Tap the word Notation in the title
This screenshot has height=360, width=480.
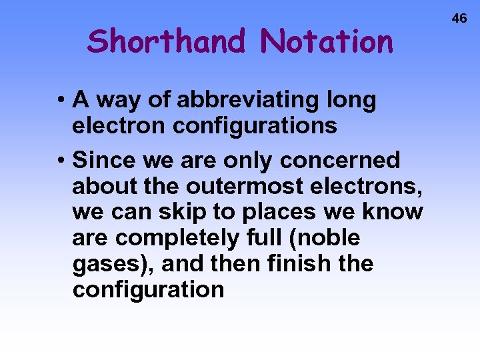tap(327, 41)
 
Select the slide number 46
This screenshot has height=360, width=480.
tap(460, 19)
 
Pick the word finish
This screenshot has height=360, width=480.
tap(297, 264)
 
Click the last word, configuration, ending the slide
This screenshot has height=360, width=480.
tap(148, 290)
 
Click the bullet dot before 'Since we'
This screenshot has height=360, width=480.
tap(60, 161)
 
